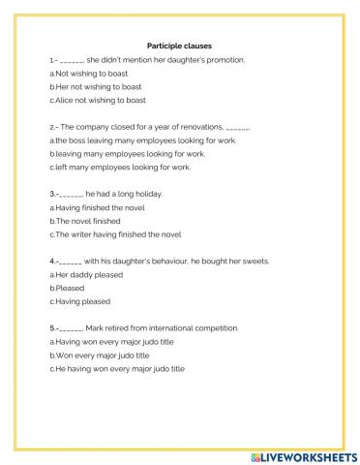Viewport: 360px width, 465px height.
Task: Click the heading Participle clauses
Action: click(x=179, y=45)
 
